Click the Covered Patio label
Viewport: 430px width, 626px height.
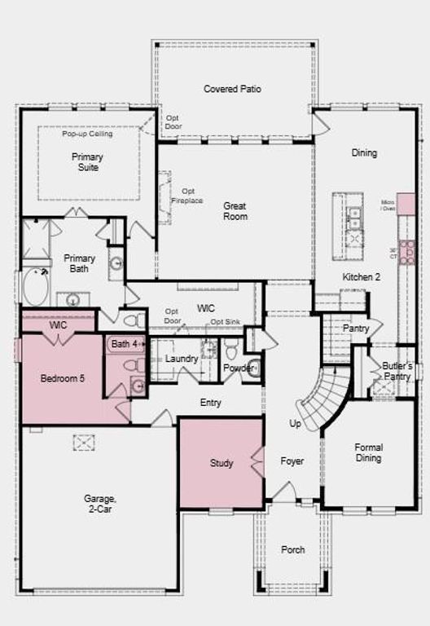pyautogui.click(x=232, y=89)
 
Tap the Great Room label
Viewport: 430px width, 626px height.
pyautogui.click(x=235, y=211)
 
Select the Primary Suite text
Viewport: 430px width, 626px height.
pyautogui.click(x=87, y=161)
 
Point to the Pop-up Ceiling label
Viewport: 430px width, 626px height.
pyautogui.click(x=87, y=134)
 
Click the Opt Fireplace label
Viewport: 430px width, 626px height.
pyautogui.click(x=186, y=196)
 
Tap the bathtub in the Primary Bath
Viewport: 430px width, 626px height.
pyautogui.click(x=36, y=286)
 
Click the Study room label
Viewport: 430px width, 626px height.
pyautogui.click(x=222, y=463)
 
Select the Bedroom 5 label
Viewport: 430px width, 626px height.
pyautogui.click(x=64, y=378)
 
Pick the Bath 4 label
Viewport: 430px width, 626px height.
pyautogui.click(x=125, y=344)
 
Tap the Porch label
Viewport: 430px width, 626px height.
pyautogui.click(x=293, y=549)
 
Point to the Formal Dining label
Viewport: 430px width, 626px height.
pyautogui.click(x=368, y=452)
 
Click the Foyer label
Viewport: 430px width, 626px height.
pyautogui.click(x=292, y=461)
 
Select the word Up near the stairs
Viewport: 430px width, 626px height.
pyautogui.click(x=295, y=424)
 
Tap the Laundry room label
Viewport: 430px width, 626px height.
pyautogui.click(x=182, y=359)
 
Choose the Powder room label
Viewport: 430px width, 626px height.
pyautogui.click(x=239, y=368)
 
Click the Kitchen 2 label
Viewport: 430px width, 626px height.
pyautogui.click(x=361, y=277)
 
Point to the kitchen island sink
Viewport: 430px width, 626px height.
pyautogui.click(x=354, y=218)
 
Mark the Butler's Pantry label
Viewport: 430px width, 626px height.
pyautogui.click(x=397, y=371)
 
